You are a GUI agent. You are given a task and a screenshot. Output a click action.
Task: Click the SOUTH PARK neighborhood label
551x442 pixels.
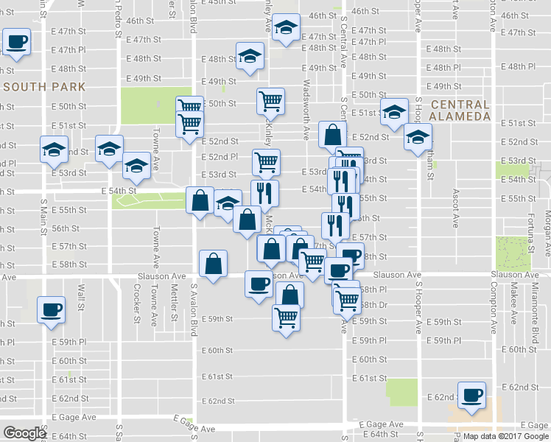coord(44,87)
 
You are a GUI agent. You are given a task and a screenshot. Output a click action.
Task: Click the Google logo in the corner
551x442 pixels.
coord(24,433)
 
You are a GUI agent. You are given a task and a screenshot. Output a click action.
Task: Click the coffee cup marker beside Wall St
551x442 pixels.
coord(51,309)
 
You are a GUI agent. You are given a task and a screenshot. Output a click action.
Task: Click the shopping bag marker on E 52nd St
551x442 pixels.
coord(333,134)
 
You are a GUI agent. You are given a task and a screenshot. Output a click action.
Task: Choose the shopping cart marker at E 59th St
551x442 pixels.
coord(286,317)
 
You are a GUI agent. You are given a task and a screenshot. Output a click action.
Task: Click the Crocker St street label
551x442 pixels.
coord(137,304)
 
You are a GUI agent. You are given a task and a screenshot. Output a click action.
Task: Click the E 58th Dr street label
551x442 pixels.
coord(373,305)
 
